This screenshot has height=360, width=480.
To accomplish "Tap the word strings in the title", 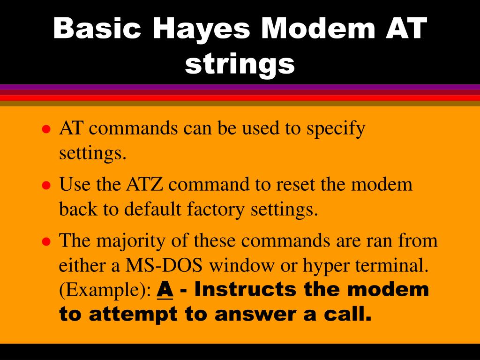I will pyautogui.click(x=240, y=64).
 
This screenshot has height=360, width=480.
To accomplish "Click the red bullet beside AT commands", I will pyautogui.click(x=46, y=129).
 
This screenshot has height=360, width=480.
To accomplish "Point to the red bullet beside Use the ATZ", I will pyautogui.click(x=46, y=185).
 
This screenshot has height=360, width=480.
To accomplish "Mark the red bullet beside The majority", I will pyautogui.click(x=46, y=241).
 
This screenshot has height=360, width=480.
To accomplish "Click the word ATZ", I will pyautogui.click(x=144, y=184).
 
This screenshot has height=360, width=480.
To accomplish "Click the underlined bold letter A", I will pyautogui.click(x=165, y=290).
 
